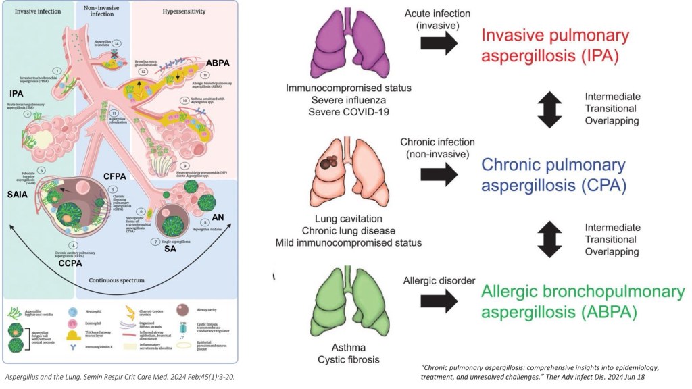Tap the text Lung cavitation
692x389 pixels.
[x=349, y=218]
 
